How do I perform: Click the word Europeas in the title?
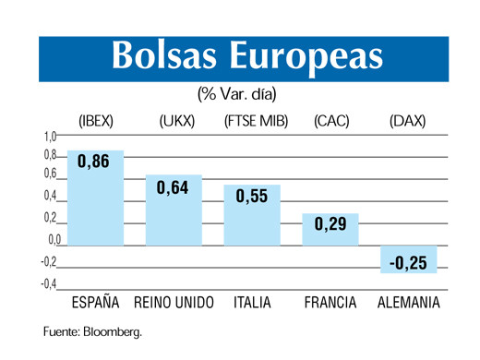click(x=308, y=56)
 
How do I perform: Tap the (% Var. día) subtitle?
click(x=236, y=95)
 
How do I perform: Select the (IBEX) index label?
click(x=96, y=121)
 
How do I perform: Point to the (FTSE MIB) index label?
click(x=253, y=121)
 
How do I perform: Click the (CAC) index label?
click(x=330, y=121)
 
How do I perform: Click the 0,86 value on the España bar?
click(x=94, y=162)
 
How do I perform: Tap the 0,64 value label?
click(x=173, y=187)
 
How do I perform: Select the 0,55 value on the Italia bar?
click(x=252, y=196)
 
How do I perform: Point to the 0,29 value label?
click(x=330, y=224)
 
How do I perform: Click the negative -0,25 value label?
click(x=407, y=263)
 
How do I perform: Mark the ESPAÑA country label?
click(x=96, y=303)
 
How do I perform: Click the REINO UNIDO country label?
click(x=174, y=303)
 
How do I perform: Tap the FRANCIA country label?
click(x=330, y=303)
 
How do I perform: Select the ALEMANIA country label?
click(x=408, y=303)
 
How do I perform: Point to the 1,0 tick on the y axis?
click(x=51, y=137)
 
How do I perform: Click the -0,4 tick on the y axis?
click(x=48, y=283)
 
